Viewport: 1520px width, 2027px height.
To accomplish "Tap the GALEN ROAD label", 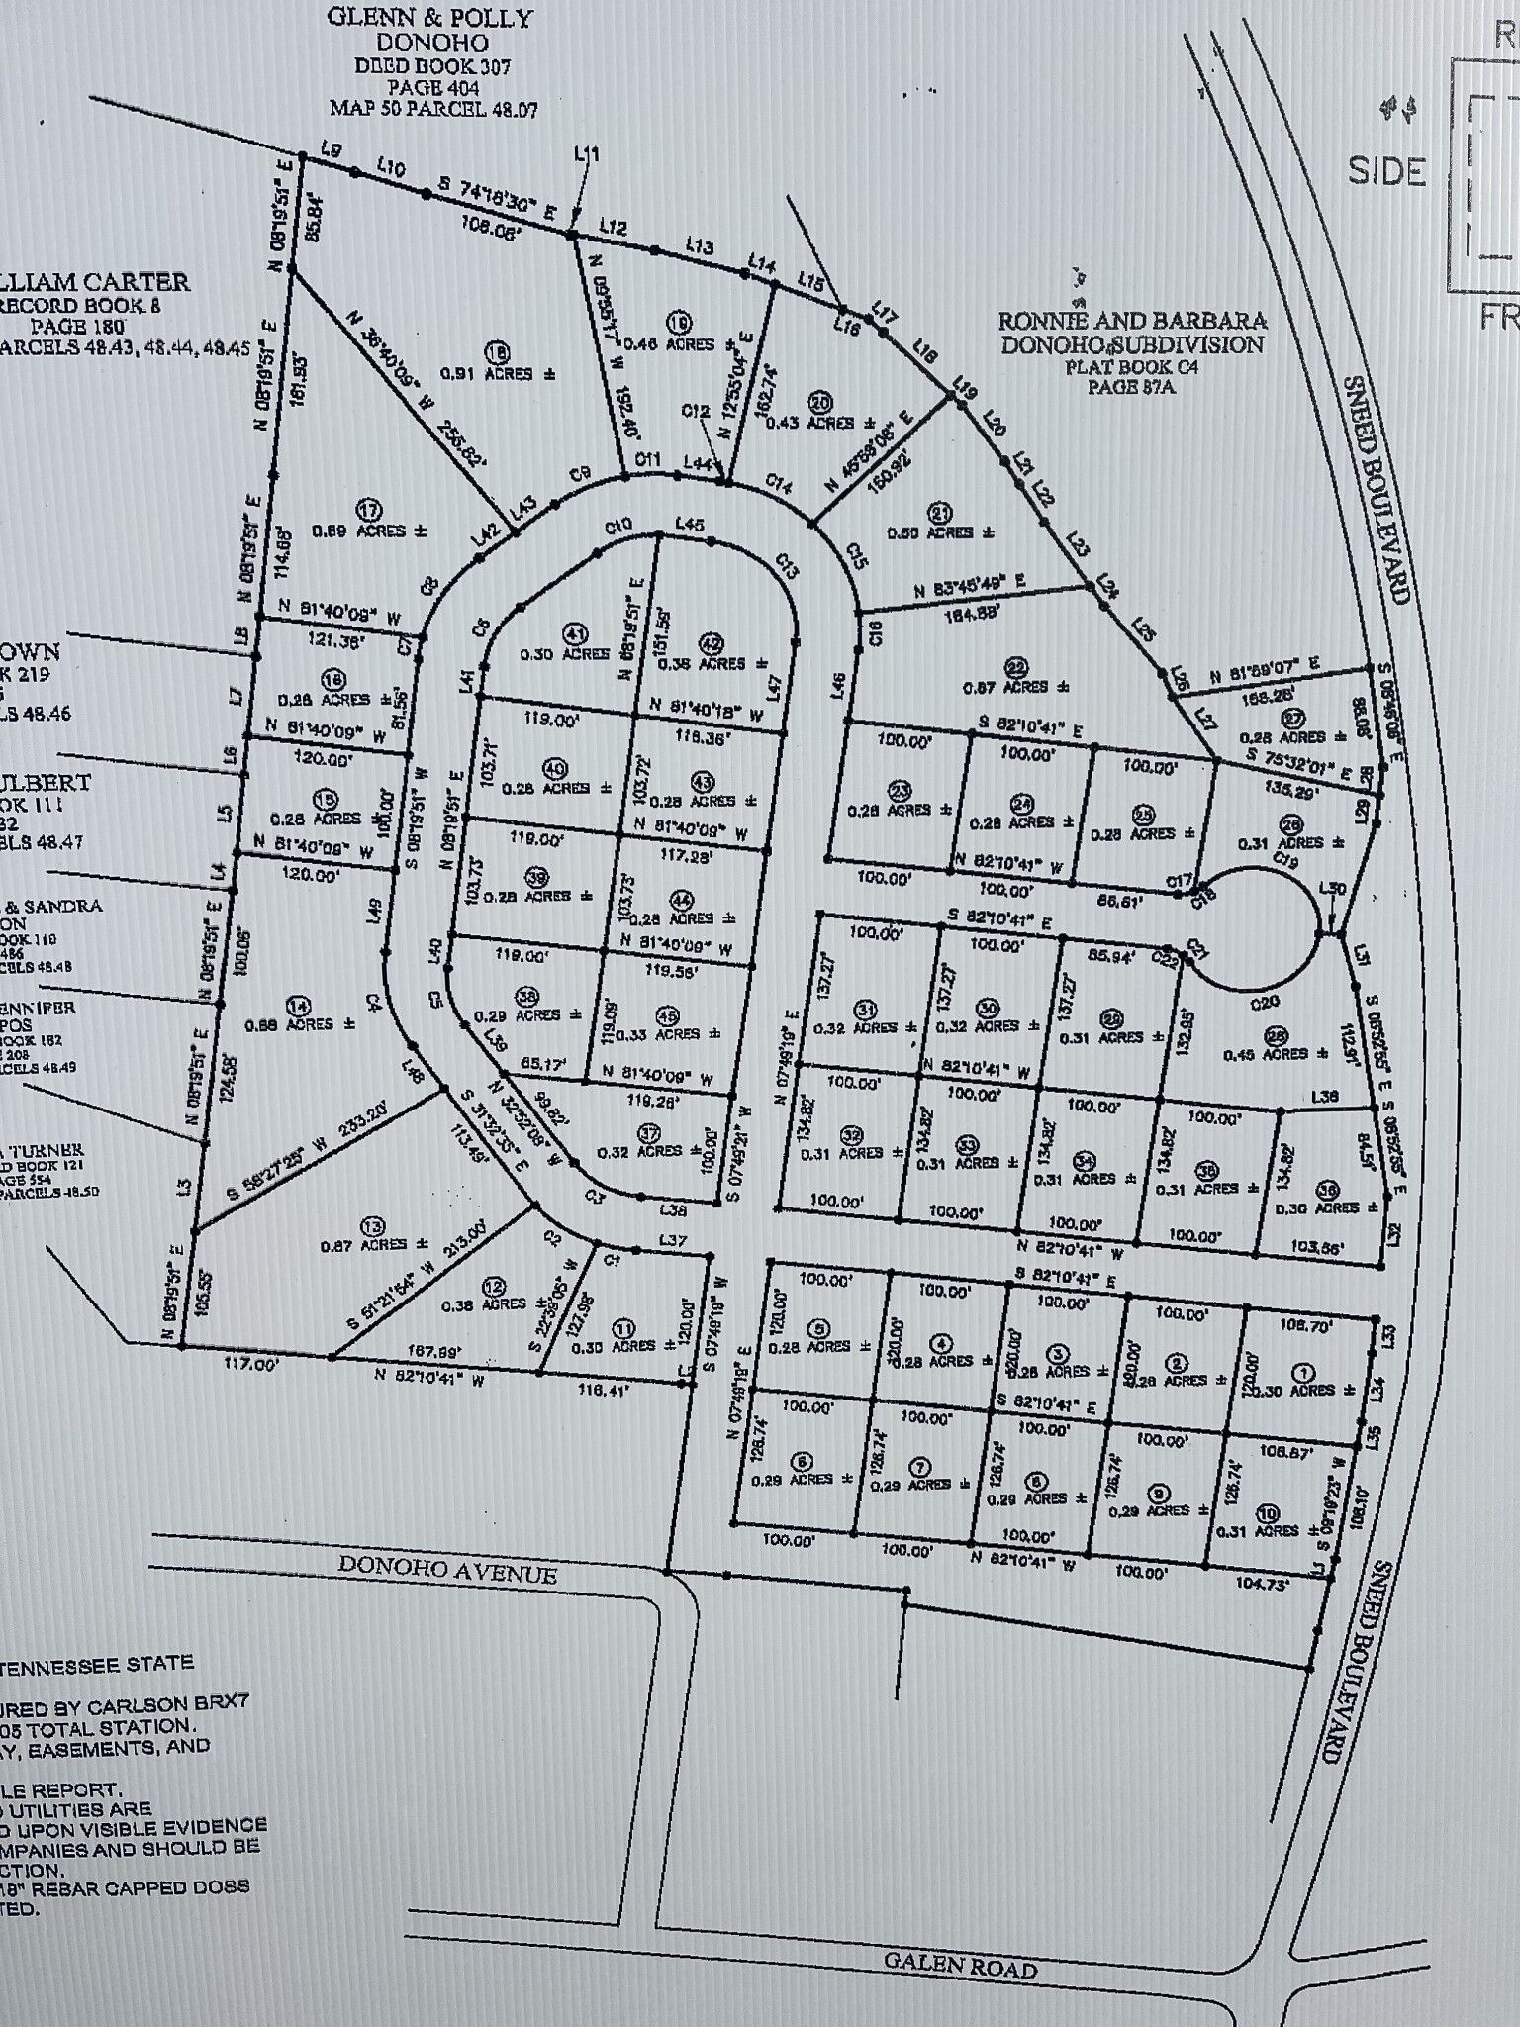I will coord(960,1965).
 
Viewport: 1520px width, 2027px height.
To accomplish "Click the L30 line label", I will coord(1333,889).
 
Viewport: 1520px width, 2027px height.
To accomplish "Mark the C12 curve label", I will coord(696,410).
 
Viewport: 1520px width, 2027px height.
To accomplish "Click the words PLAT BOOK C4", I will coord(1130,367).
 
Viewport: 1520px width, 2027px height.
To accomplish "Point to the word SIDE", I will coord(1386,171).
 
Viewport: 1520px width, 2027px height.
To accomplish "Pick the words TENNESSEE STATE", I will coord(99,1664).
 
